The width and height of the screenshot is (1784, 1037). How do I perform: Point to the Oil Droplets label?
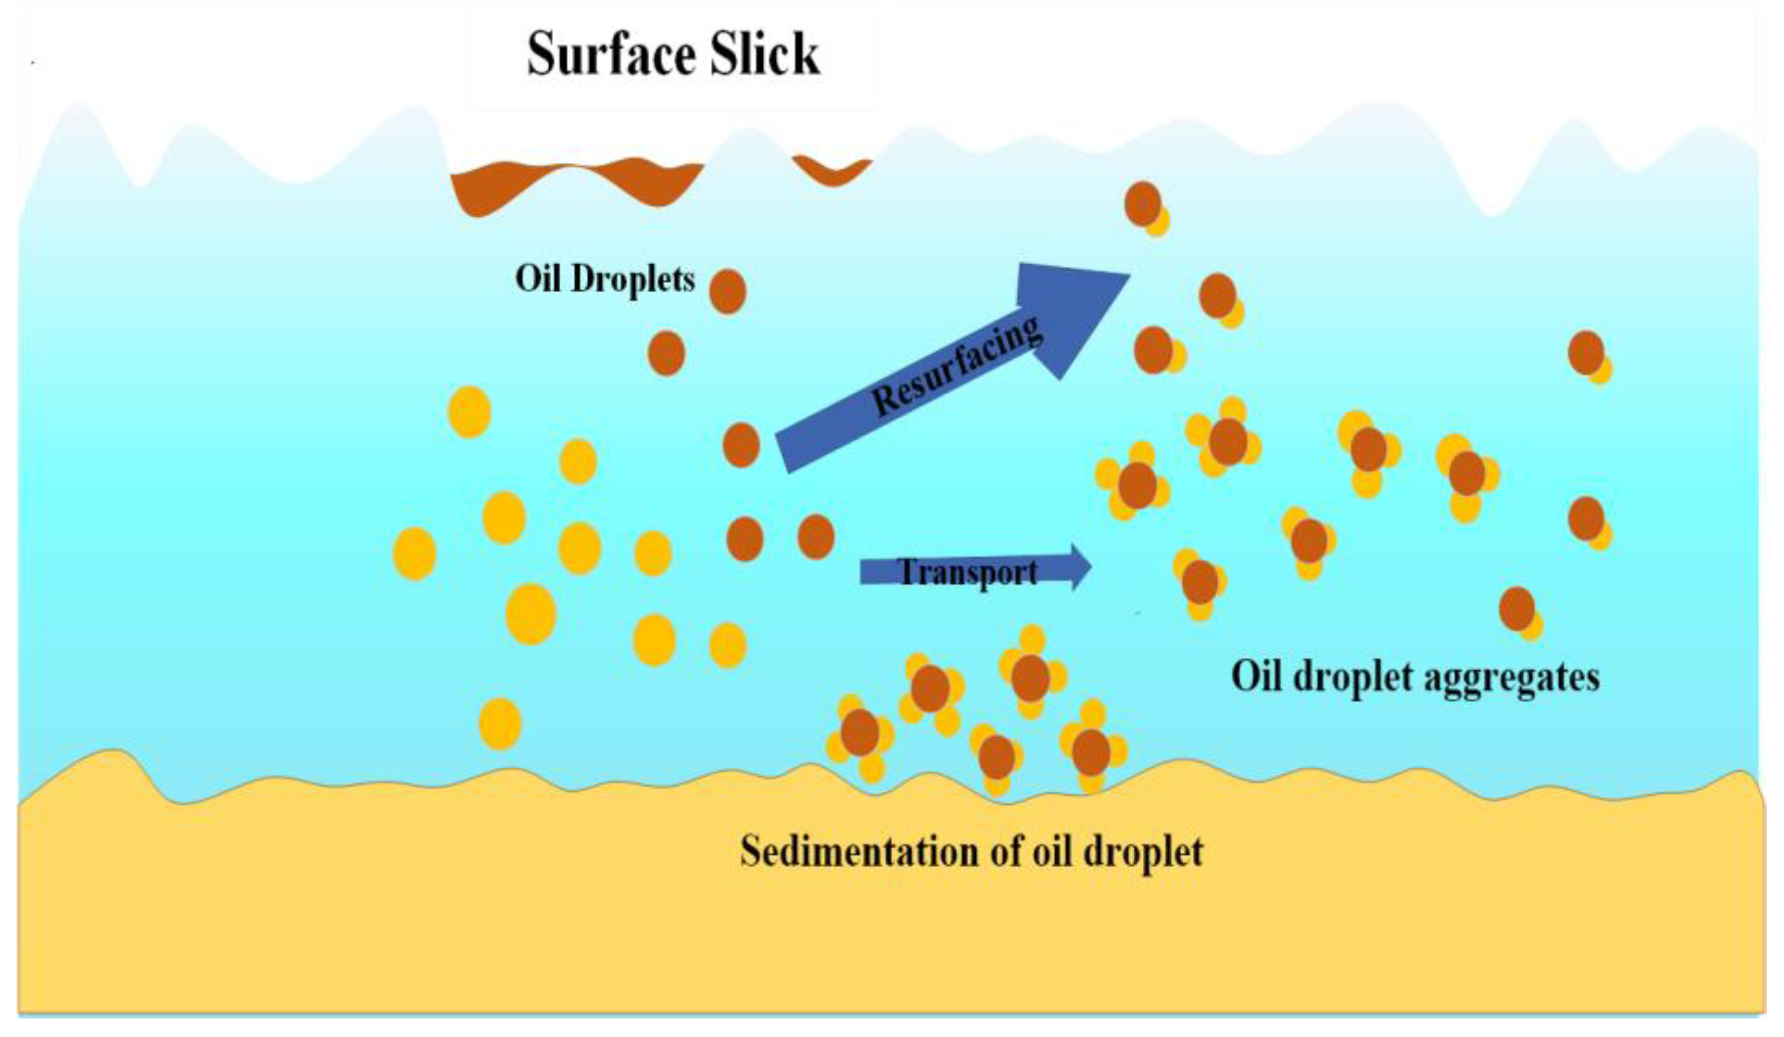605,279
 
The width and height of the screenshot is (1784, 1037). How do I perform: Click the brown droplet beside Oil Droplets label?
728,290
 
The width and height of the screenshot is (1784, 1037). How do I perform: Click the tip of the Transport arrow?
1087,566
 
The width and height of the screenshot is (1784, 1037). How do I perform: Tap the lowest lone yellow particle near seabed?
500,723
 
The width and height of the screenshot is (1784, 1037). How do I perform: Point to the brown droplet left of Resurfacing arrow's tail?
741,445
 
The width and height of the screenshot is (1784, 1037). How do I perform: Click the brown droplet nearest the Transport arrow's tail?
816,537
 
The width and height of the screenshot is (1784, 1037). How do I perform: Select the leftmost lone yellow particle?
414,553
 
